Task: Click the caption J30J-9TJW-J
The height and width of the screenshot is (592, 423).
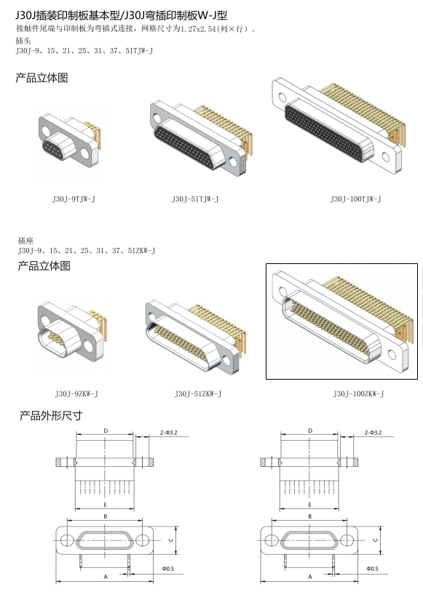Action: pyautogui.click(x=74, y=199)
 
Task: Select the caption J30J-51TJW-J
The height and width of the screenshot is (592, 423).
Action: pyautogui.click(x=195, y=199)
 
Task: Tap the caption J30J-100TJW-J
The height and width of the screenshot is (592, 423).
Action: pyautogui.click(x=356, y=199)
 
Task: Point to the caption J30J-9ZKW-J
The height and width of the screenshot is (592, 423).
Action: pyautogui.click(x=76, y=393)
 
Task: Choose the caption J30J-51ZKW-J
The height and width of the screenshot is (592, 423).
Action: pyautogui.click(x=198, y=393)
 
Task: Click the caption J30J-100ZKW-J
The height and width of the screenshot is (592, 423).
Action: pyautogui.click(x=358, y=393)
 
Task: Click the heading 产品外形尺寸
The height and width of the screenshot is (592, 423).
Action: pyautogui.click(x=51, y=416)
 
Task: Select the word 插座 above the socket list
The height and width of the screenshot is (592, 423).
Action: pyautogui.click(x=25, y=241)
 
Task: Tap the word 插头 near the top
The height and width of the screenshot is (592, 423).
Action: pyautogui.click(x=23, y=41)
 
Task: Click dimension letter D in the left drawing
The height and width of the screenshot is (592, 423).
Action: pyautogui.click(x=106, y=431)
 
